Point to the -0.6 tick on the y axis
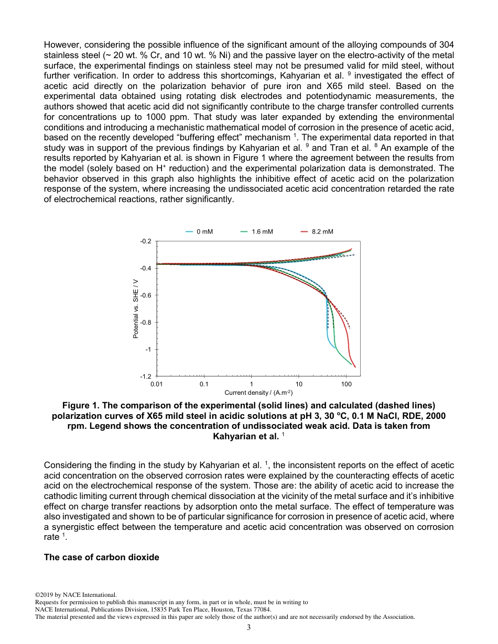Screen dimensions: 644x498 (145, 295)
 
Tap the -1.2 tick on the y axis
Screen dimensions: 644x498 (145, 376)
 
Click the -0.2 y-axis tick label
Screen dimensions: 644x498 (145, 241)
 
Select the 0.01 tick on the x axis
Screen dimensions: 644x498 (156, 384)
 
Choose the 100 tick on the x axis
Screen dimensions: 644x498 (346, 384)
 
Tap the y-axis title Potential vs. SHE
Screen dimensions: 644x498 (136, 309)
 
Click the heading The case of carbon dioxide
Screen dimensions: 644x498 (101, 557)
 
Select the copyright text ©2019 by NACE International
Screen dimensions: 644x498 (75, 595)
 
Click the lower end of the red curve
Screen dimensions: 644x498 (355, 367)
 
